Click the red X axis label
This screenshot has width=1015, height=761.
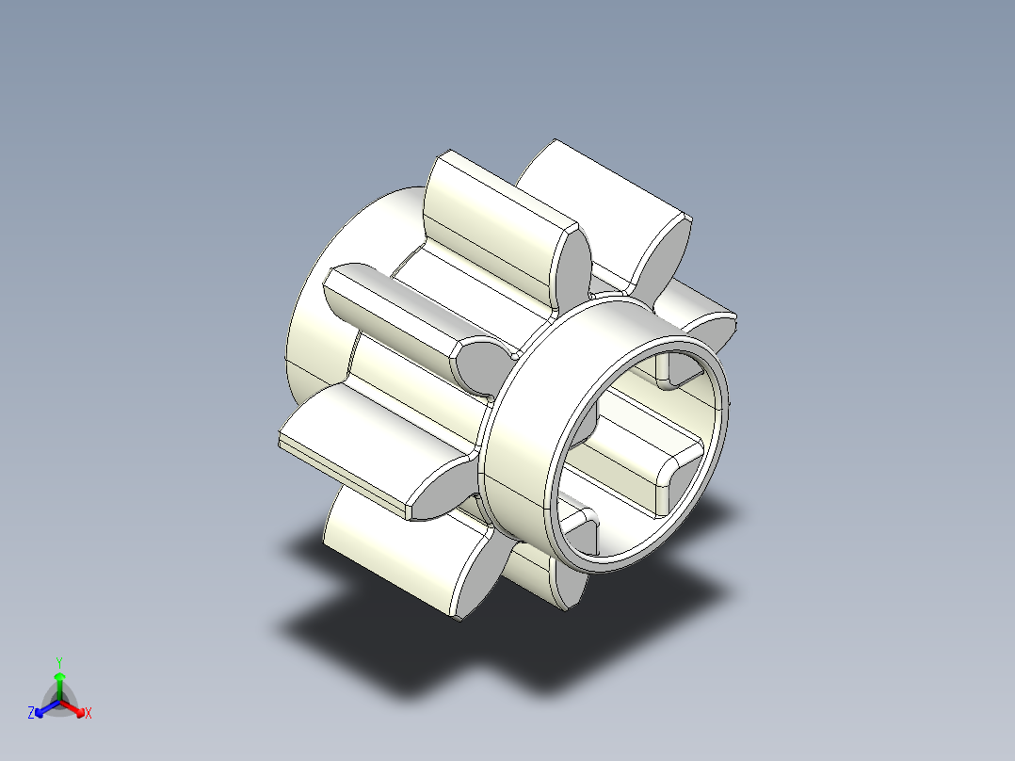coord(88,714)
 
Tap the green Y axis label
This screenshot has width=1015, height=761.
coord(59,662)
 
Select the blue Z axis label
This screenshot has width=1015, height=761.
coord(32,713)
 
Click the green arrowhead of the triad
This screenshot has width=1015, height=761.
coord(59,677)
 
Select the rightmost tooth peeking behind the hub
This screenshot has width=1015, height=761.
coord(706,311)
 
